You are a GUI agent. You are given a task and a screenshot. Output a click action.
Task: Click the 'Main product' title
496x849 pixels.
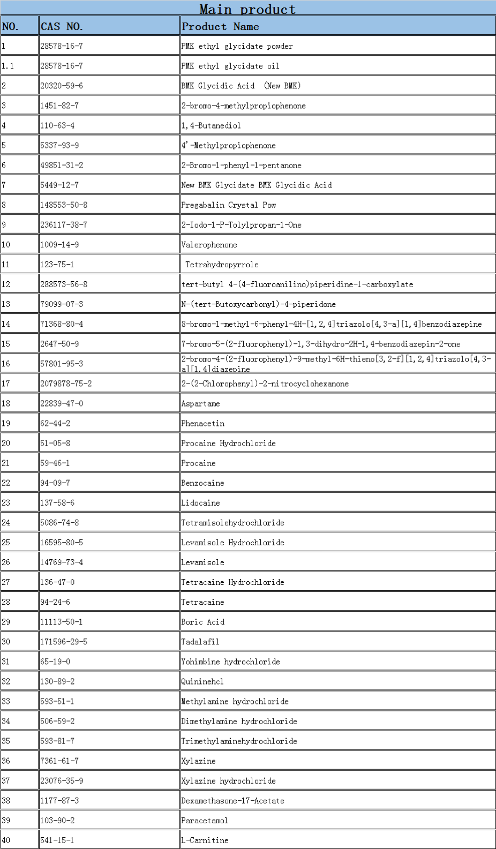click(247, 9)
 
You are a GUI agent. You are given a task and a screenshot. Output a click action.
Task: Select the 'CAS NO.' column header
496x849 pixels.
click(62, 26)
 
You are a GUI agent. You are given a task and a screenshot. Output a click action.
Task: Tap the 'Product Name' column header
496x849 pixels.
click(220, 26)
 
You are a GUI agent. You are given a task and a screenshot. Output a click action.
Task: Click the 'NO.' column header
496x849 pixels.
click(10, 26)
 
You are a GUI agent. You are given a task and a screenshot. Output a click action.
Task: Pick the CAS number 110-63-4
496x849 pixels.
click(57, 125)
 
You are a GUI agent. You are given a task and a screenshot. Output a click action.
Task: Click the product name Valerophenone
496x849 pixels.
click(209, 245)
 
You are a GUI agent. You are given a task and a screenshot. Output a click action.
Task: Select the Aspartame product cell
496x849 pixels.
click(200, 403)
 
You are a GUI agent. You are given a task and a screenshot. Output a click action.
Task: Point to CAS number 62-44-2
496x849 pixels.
click(55, 423)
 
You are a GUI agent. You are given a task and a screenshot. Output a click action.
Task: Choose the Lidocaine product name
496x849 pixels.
click(200, 502)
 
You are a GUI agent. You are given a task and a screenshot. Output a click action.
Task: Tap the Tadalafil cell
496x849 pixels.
click(200, 642)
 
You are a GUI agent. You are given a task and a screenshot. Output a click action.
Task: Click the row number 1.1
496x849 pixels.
click(7, 66)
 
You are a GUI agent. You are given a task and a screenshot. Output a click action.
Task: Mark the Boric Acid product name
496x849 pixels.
click(202, 622)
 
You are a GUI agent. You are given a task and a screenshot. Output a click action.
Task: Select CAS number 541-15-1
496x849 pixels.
click(57, 840)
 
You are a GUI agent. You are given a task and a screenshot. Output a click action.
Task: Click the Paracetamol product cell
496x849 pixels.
click(205, 821)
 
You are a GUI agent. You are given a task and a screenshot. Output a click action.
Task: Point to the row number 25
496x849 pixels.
click(6, 542)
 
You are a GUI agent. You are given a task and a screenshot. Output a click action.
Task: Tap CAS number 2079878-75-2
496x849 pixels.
click(66, 384)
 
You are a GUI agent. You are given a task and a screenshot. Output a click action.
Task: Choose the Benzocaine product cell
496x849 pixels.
click(202, 483)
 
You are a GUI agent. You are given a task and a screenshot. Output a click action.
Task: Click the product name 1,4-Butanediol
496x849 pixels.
click(211, 125)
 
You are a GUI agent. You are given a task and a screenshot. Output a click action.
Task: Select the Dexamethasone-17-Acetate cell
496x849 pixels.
click(232, 801)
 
